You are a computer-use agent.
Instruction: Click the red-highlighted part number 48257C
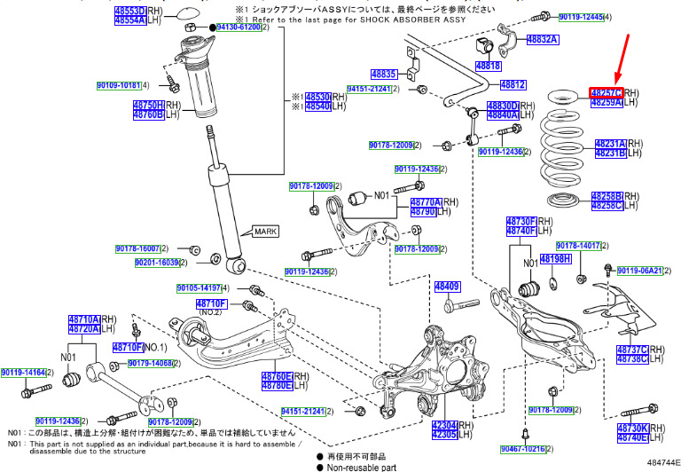tap(607, 92)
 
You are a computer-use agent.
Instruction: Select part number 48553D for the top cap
tap(129, 10)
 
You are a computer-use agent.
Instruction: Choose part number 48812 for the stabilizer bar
tap(513, 85)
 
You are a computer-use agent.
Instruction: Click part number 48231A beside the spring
tap(610, 143)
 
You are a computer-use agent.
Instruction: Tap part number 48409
tap(447, 287)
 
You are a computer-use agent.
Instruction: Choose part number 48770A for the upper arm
tap(426, 202)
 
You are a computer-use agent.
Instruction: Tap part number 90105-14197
tap(198, 288)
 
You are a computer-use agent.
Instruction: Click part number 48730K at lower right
tap(633, 429)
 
